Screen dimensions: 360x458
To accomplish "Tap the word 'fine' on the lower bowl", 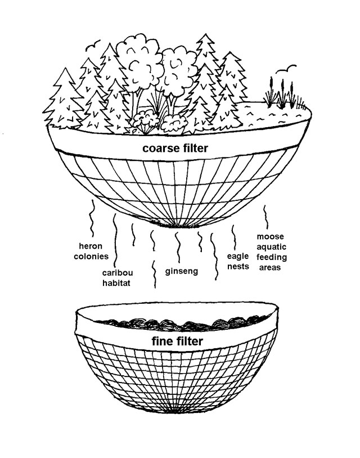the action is pos(163,341).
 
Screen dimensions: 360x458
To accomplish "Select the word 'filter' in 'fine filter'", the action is pos(190,341).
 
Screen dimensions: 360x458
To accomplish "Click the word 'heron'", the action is pos(91,246).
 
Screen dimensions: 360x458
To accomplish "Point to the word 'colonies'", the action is pos(91,256).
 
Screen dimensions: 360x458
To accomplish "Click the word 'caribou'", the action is pos(118,272).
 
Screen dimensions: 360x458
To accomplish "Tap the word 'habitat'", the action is pos(116,283).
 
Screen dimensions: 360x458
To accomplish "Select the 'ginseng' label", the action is pos(181,271).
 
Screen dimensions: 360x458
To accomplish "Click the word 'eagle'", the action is pos(238,256).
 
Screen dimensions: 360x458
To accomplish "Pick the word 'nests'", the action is pos(238,266).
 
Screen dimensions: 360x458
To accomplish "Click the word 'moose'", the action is pos(271,236).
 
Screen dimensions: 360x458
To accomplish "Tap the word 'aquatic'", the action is pos(271,247).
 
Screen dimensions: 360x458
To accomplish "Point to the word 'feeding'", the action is pos(272,257).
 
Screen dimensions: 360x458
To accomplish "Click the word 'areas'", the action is pos(270,267).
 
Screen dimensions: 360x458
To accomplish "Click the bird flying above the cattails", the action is pos(286,70).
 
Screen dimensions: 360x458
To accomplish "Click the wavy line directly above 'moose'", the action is pos(265,217).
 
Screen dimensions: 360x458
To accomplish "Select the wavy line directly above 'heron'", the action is pos(92,218).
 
